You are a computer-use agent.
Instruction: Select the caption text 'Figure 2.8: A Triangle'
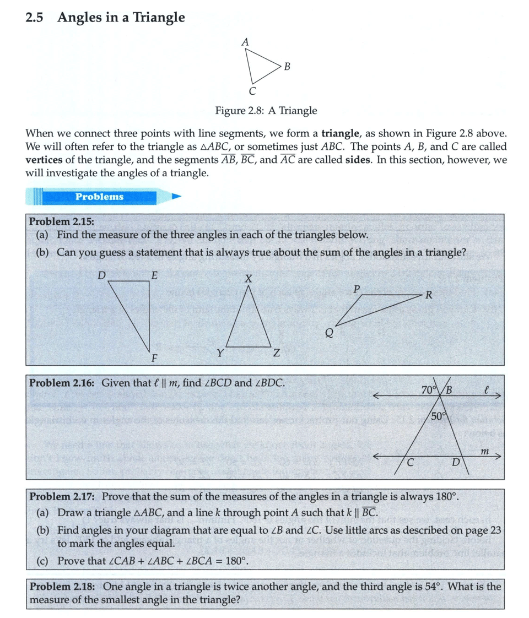point(266,111)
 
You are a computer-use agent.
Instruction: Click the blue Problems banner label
point(99,197)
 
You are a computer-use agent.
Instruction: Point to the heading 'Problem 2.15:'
point(61,221)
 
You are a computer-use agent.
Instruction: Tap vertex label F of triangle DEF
point(154,358)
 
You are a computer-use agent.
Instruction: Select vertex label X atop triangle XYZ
point(248,280)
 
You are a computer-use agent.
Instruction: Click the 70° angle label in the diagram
point(428,391)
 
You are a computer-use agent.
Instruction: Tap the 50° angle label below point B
point(438,416)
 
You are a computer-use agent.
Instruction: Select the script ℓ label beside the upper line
point(485,389)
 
